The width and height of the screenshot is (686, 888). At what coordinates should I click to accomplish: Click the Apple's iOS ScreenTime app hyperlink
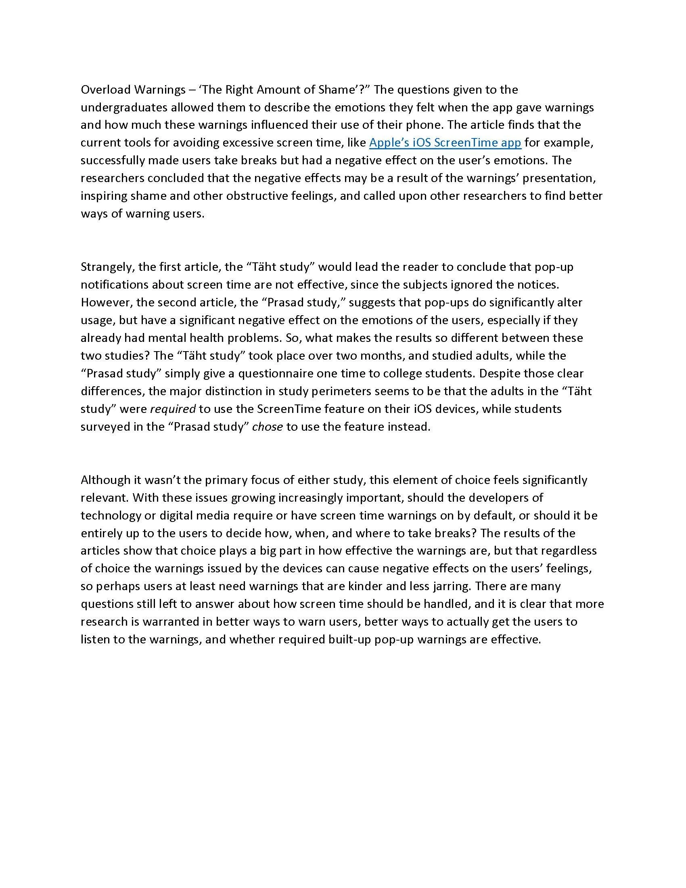pos(445,143)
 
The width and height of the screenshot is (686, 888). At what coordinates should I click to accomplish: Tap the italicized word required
pos(173,408)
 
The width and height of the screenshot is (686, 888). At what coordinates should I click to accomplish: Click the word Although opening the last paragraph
pos(105,480)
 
